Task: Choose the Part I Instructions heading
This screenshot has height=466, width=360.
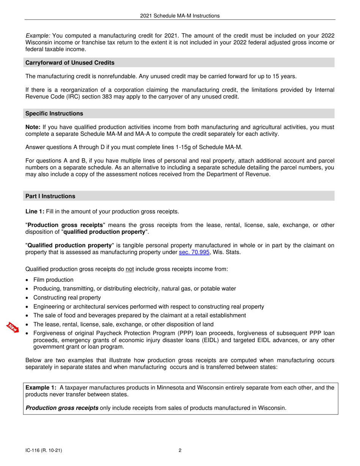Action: coord(50,196)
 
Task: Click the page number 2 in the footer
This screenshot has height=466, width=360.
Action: coord(180,450)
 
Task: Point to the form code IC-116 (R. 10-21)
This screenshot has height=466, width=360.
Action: coord(44,450)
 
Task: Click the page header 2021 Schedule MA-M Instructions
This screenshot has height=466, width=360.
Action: coord(180,16)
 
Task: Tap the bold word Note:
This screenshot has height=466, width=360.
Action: coord(33,128)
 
